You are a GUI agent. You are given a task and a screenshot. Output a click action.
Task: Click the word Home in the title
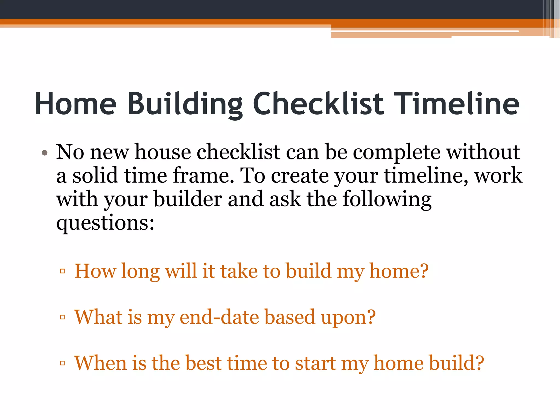(75, 104)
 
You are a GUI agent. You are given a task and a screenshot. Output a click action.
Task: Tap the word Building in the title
(185, 104)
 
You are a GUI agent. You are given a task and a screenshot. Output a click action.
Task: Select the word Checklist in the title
(318, 104)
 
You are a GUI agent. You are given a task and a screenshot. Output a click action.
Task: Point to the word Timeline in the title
(456, 104)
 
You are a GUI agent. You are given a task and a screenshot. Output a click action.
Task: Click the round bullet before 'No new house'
(45, 153)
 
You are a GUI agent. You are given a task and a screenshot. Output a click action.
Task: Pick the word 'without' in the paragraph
(483, 152)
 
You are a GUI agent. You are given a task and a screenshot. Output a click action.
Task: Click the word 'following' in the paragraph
(387, 199)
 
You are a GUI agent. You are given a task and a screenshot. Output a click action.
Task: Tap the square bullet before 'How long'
(62, 271)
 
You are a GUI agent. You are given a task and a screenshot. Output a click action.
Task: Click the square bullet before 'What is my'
(62, 317)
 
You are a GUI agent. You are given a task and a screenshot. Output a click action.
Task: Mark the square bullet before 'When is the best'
(62, 363)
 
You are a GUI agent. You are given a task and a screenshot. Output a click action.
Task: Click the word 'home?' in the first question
(399, 271)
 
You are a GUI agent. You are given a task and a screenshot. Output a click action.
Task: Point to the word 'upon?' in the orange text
(348, 317)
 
